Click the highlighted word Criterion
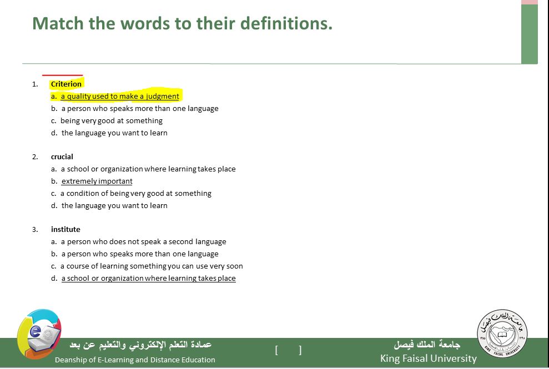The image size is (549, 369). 66,84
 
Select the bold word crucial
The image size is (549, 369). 62,157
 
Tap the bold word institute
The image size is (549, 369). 66,229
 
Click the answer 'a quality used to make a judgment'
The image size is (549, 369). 120,97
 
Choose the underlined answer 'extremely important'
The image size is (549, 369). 97,181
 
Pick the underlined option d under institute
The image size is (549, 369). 148,279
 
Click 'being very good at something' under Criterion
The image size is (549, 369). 112,121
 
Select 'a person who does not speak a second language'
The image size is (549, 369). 144,241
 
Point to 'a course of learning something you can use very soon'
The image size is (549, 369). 152,266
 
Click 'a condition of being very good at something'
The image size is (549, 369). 136,194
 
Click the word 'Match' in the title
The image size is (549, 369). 58,23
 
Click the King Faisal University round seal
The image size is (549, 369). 502,334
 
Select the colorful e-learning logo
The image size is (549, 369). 39,333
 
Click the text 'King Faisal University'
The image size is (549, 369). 429,358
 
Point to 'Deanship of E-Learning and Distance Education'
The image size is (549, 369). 135,360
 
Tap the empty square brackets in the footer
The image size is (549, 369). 288,350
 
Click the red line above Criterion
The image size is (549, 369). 62,75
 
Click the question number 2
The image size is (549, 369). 35,157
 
